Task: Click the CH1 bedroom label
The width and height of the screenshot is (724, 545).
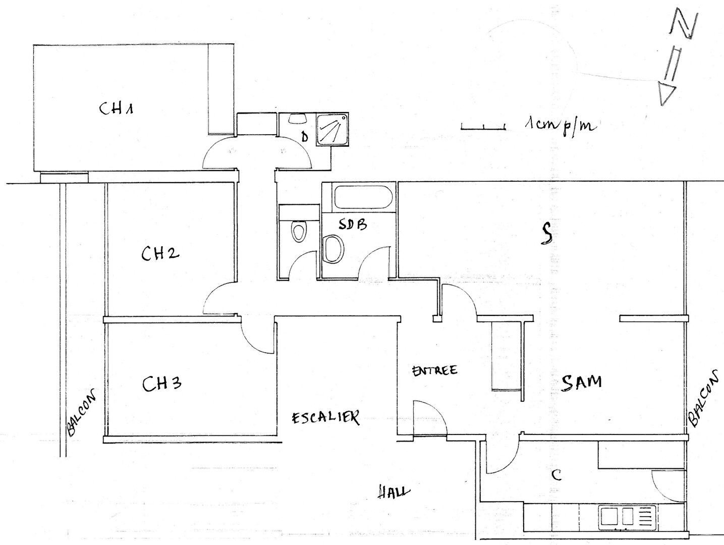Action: (116, 108)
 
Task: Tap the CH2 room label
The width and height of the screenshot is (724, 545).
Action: (160, 253)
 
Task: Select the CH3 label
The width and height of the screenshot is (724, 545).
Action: (161, 384)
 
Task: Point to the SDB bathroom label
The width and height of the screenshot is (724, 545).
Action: (353, 225)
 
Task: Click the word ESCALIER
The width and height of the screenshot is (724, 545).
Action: (325, 417)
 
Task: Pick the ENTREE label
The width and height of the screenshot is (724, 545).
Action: (435, 370)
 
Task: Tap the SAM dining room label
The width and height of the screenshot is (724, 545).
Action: (581, 383)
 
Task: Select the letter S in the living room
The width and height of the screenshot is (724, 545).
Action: (546, 234)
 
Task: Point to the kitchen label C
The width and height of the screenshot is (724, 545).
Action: (556, 475)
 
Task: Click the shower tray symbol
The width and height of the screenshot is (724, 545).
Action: (332, 130)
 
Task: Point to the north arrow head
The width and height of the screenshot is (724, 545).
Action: (666, 94)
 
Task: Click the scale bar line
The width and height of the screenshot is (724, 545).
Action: (483, 128)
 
